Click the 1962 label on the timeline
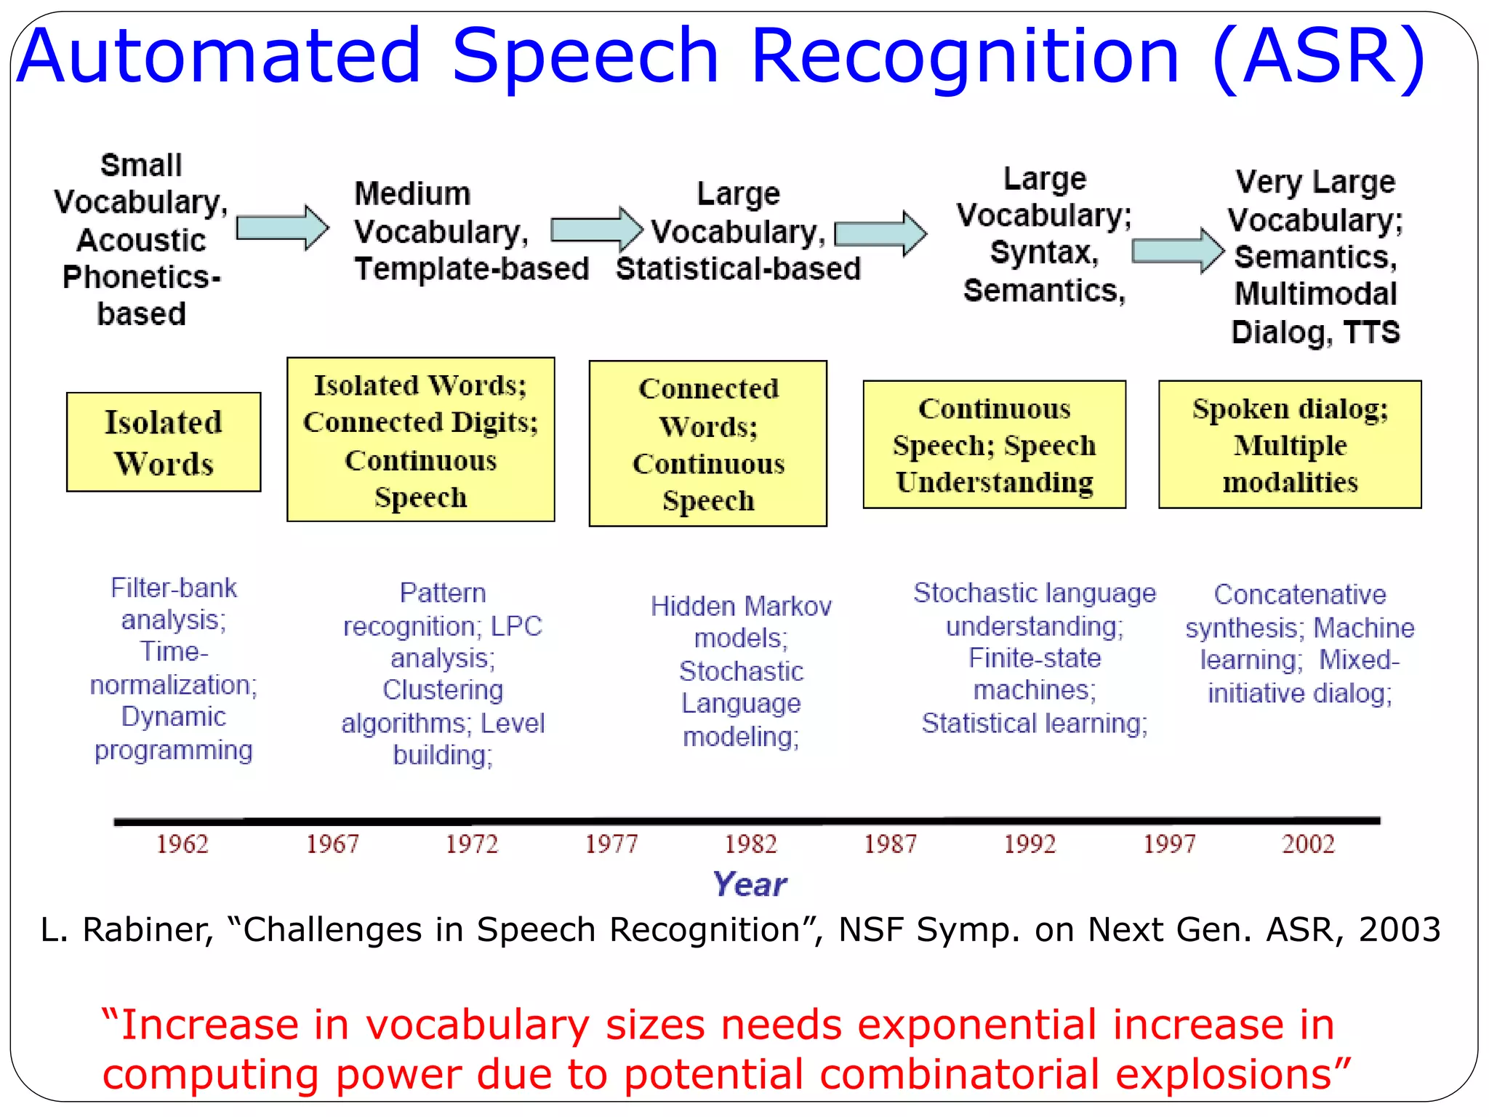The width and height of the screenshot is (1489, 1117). [182, 844]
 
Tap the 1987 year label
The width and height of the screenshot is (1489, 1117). [890, 844]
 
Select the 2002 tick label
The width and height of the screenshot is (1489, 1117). [1308, 844]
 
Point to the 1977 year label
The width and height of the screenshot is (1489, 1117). [611, 844]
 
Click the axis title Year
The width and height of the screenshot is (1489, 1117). [750, 884]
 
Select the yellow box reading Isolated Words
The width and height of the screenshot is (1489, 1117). [164, 442]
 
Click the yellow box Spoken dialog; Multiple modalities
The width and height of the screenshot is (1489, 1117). [1290, 444]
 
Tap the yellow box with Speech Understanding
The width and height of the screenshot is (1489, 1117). [994, 444]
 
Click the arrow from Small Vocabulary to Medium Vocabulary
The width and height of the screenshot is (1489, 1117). [283, 228]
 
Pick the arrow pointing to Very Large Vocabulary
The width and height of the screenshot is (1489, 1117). [1178, 251]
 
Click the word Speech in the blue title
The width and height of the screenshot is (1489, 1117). [585, 56]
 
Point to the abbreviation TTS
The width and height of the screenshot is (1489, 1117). [1371, 332]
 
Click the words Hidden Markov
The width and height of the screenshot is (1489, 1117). [741, 606]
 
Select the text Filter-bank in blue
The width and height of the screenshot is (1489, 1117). [174, 588]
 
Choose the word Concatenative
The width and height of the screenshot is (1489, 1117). [1300, 595]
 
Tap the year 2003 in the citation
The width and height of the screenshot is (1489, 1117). [1400, 930]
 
